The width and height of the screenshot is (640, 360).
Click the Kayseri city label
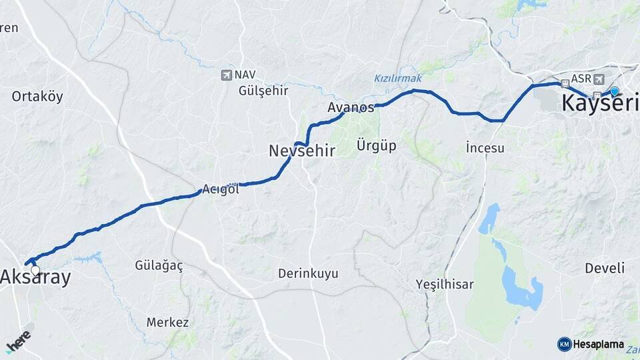tap(600, 104)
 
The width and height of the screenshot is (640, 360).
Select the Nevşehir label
tap(300, 151)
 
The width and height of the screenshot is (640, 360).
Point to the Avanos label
tap(351, 107)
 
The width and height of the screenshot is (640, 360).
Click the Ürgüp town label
tap(376, 145)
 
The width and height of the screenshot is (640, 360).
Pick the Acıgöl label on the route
tap(221, 189)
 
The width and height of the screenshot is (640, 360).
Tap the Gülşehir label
tap(263, 91)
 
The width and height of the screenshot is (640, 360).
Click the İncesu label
tap(485, 148)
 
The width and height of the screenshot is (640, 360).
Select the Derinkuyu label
tap(308, 273)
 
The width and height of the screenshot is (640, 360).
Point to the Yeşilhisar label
tap(445, 285)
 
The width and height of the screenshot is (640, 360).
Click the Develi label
tap(605, 268)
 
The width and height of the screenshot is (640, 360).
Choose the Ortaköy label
tap(37, 97)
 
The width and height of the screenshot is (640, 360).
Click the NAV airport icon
tap(227, 75)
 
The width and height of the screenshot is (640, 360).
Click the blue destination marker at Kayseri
tap(614, 91)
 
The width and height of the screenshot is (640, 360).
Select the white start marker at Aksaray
tap(35, 270)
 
